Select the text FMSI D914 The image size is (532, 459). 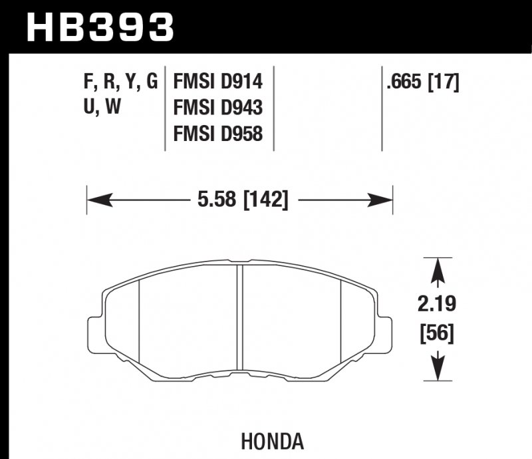(x=218, y=82)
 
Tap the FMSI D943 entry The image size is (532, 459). (x=218, y=108)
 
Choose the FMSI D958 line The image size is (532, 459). (x=218, y=134)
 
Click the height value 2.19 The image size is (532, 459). (x=437, y=305)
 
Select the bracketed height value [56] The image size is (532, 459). (x=437, y=333)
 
